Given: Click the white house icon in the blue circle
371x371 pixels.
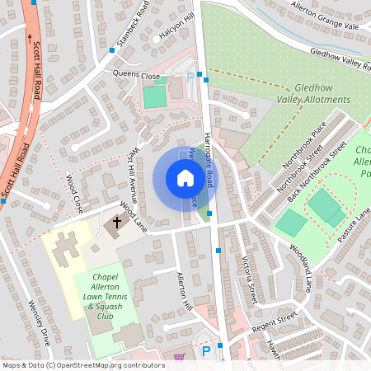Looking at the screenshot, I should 185,177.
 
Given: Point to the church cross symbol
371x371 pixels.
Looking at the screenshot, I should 117,222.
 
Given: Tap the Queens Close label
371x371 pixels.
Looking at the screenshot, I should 136,75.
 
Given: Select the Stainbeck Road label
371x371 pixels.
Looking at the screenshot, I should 133,25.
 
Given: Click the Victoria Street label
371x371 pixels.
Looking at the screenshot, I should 249,277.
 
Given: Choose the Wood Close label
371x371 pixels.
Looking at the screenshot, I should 74,191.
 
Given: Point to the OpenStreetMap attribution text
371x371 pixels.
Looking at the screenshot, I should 83,364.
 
